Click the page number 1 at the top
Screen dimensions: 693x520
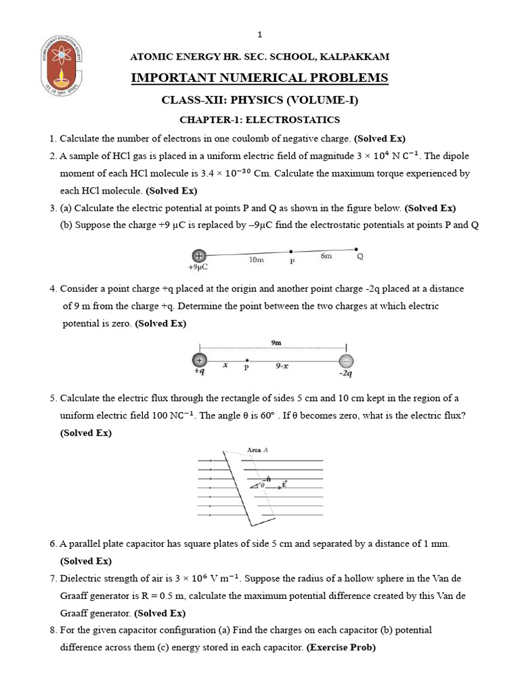(x=259, y=35)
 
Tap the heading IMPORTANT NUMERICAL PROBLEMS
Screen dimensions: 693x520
(x=259, y=78)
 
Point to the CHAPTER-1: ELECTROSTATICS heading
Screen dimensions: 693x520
(x=259, y=120)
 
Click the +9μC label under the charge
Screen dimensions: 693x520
(x=197, y=267)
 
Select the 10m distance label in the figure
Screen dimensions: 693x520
(x=256, y=259)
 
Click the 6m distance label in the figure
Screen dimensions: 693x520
(x=326, y=255)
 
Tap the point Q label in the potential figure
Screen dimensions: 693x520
(x=360, y=256)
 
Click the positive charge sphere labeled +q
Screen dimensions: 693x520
(x=199, y=360)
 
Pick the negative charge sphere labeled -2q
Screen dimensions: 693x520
(x=345, y=360)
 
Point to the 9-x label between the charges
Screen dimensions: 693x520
(x=282, y=366)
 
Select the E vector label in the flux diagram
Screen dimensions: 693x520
(x=284, y=484)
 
